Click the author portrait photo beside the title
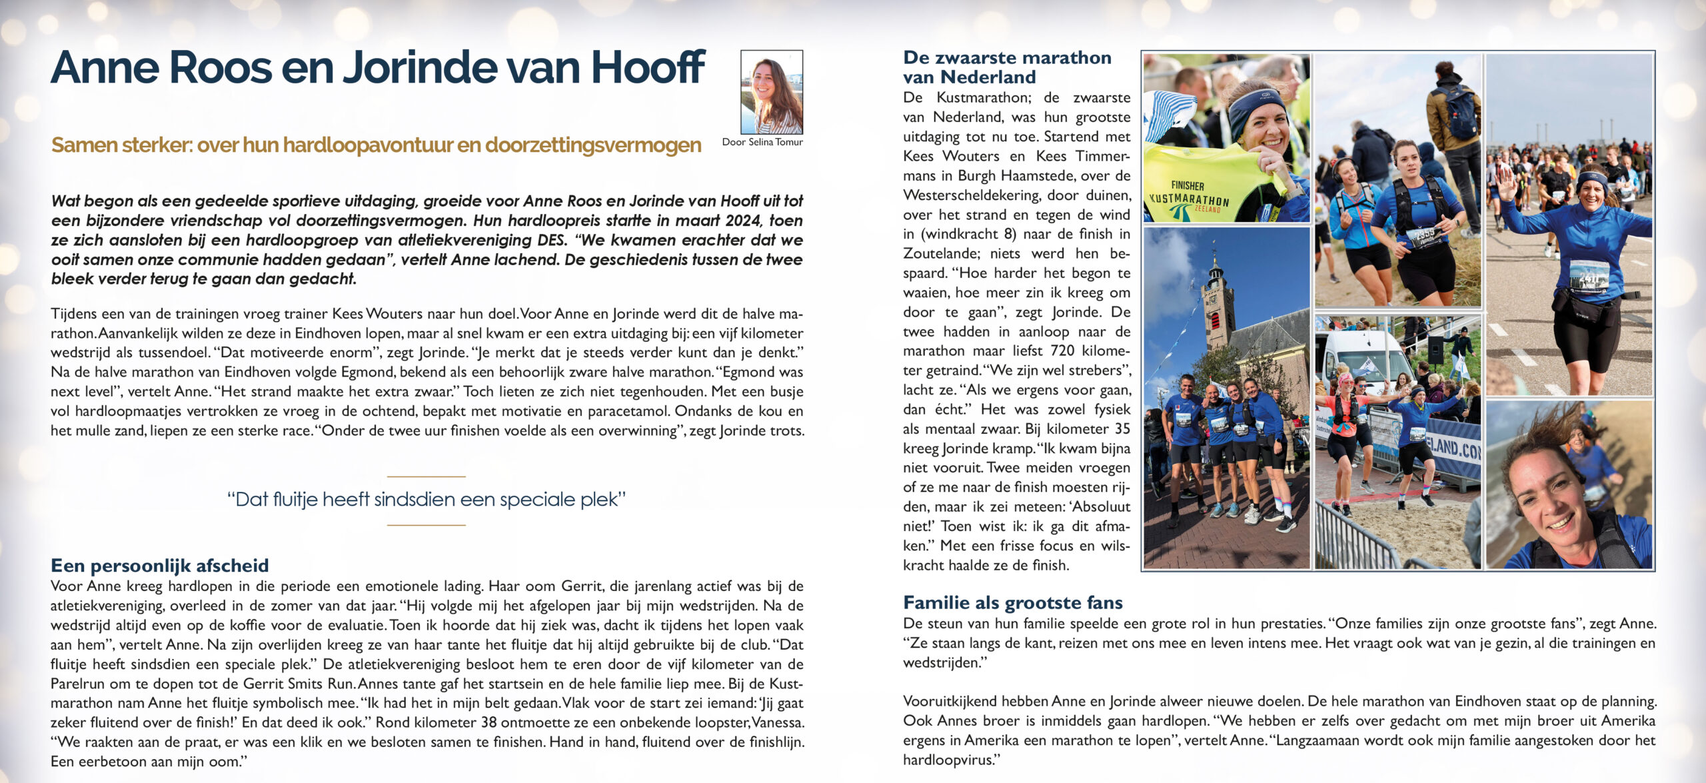(x=772, y=92)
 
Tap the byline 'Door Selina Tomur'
(x=762, y=142)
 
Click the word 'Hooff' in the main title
(x=647, y=68)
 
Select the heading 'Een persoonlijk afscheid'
(x=160, y=566)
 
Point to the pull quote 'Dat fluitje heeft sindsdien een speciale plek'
(x=426, y=500)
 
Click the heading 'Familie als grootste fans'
(x=1012, y=603)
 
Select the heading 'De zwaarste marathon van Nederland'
(x=1006, y=67)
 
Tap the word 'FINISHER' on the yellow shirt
(x=1188, y=186)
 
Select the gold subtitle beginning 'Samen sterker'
(x=376, y=145)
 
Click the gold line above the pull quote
(x=426, y=476)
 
